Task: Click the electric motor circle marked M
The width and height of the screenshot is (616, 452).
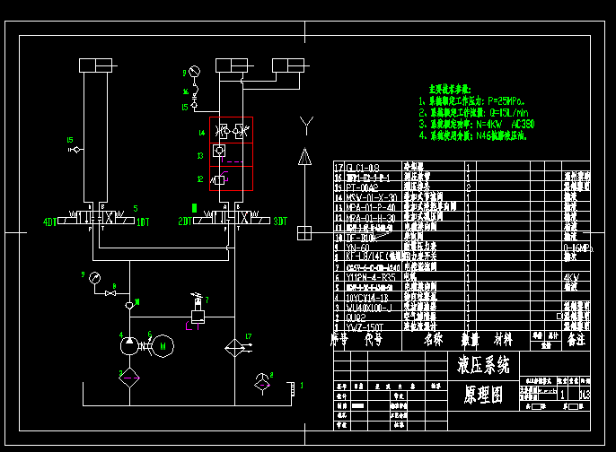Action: pyautogui.click(x=163, y=345)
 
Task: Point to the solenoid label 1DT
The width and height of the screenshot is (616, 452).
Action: pyautogui.click(x=142, y=221)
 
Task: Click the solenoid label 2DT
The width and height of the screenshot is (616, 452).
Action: pyautogui.click(x=184, y=221)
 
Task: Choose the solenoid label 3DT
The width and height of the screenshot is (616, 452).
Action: pyautogui.click(x=280, y=221)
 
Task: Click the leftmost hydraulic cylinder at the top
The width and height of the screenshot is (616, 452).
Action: pyautogui.click(x=95, y=65)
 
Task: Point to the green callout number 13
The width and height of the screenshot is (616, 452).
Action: pyautogui.click(x=202, y=155)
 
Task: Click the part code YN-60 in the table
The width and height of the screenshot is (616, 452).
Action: pyautogui.click(x=357, y=246)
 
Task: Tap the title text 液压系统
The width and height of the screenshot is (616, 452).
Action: pyautogui.click(x=483, y=365)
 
